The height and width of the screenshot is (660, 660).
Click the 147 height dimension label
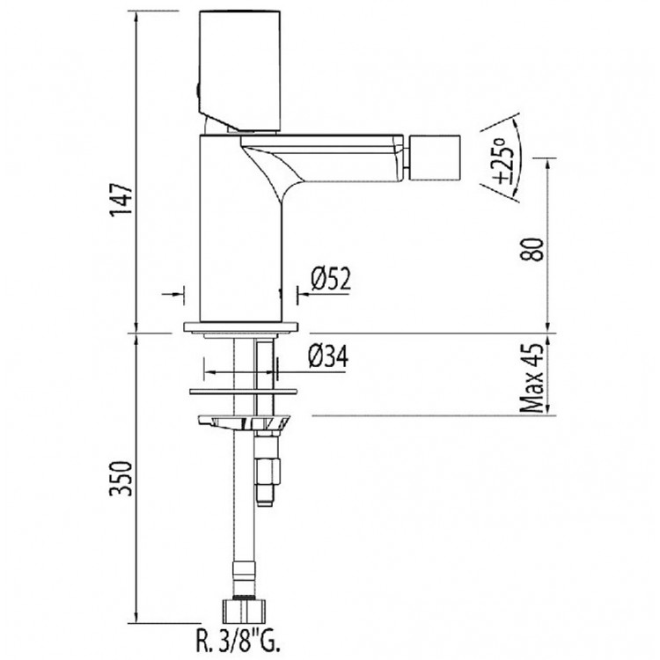point(121,199)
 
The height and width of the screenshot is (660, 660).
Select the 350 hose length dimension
point(121,478)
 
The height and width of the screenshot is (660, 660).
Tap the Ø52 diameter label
point(331,279)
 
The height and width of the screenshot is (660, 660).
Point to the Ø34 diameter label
point(328,356)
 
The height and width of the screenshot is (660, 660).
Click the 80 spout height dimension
point(532,250)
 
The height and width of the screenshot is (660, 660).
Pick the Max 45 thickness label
point(532,378)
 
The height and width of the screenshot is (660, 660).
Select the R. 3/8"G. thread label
point(238,642)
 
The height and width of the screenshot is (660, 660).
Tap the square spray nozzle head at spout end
point(435,158)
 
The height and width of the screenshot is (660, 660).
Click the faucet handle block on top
point(239,70)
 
